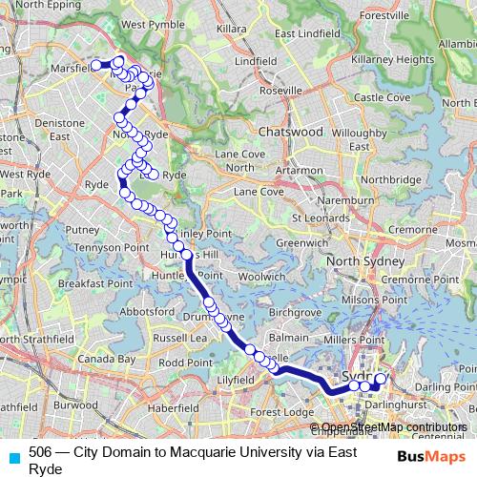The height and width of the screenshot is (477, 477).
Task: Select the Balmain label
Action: coord(289,337)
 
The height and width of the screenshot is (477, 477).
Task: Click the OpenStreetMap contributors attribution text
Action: coord(393,426)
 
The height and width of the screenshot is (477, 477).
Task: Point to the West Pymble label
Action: coord(147,24)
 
